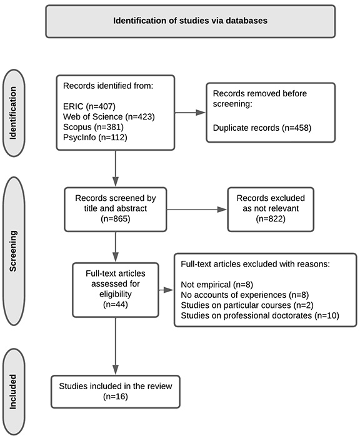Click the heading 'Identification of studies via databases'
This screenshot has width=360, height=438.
coord(190,21)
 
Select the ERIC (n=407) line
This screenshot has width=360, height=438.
coord(89,106)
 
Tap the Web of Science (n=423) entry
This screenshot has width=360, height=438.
coord(109,117)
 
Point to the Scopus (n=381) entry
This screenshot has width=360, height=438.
coord(93,127)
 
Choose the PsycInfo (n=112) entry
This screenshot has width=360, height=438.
coord(95,138)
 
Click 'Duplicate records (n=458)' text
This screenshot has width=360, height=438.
coord(262,128)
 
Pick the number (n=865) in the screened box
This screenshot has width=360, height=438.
coord(116,219)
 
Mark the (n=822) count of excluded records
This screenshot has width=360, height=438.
coord(271,219)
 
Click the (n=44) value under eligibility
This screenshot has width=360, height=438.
coord(116,304)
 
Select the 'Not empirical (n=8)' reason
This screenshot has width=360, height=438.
coord(217,285)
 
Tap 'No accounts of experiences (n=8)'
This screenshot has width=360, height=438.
coord(245,295)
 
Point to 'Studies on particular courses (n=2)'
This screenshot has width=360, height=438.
coord(247,305)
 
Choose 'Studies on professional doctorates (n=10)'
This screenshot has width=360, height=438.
coord(260,315)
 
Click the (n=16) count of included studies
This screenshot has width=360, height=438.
coord(116,397)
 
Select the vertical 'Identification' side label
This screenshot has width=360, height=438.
coord(13,113)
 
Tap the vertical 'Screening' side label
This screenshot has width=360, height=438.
coord(13,251)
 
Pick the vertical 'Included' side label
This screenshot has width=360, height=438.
coord(13,392)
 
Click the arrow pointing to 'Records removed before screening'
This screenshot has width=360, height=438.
coord(190,113)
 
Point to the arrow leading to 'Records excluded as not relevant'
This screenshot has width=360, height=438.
coord(197,210)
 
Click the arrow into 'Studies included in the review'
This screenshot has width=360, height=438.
coord(116,346)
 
